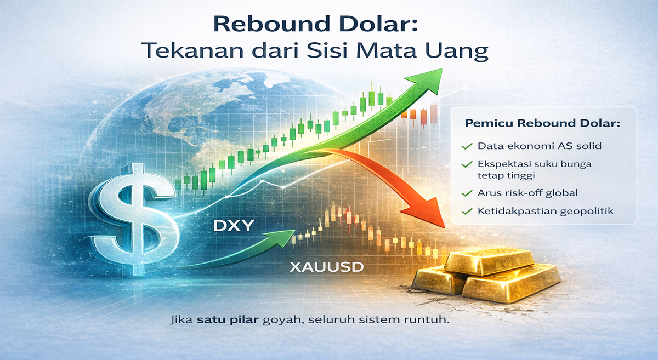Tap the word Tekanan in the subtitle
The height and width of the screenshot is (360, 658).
(x=192, y=50)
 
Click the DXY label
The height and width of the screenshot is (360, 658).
(x=233, y=226)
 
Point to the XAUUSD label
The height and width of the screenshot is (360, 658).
(x=327, y=267)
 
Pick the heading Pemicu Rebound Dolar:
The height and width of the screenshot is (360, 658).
(x=542, y=123)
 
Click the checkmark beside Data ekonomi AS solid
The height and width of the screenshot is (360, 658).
(x=467, y=146)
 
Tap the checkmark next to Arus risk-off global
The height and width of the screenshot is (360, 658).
(x=467, y=193)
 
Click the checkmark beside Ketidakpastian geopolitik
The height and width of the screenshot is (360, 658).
(x=467, y=211)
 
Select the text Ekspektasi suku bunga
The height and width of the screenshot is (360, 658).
(x=534, y=164)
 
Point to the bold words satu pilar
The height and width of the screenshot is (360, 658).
(x=228, y=319)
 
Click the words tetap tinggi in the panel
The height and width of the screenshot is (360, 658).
(x=506, y=176)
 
